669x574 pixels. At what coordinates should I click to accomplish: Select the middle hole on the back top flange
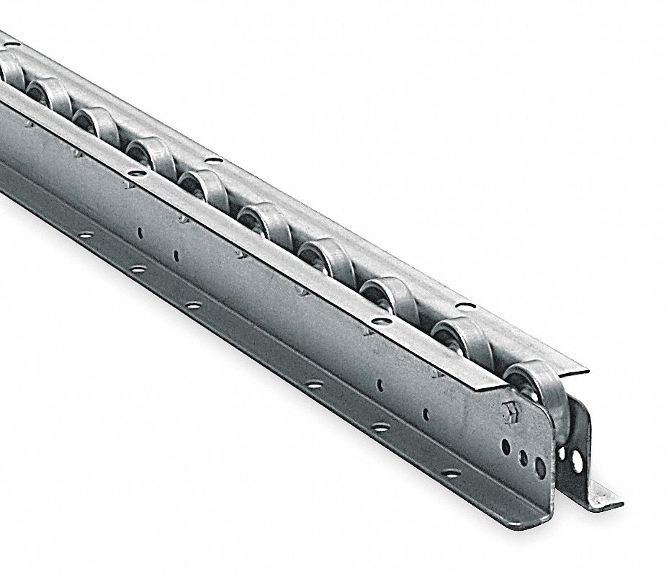tap(213, 159)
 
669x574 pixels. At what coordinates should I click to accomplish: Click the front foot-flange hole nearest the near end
tap(449, 474)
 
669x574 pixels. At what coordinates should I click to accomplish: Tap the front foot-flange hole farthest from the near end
tap(86, 234)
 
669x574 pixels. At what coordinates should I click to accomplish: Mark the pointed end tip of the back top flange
tap(586, 372)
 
